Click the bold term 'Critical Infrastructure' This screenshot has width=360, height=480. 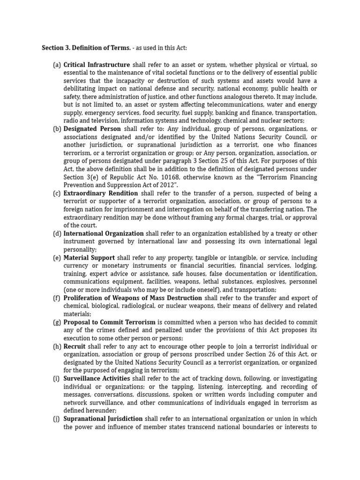click(97, 64)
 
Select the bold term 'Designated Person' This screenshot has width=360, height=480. click(92, 129)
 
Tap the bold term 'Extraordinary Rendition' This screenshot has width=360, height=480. click(101, 194)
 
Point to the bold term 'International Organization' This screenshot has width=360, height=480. click(104, 233)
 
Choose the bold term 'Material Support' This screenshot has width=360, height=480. click(89, 258)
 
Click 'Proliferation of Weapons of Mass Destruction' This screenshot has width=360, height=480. click(133, 298)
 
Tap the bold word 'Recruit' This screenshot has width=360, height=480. click(75, 346)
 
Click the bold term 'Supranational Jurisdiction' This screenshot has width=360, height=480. click(103, 419)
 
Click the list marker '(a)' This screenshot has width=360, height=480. click(57, 64)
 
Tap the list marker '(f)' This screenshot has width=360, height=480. click(57, 298)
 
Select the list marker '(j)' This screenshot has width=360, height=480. click(57, 419)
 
